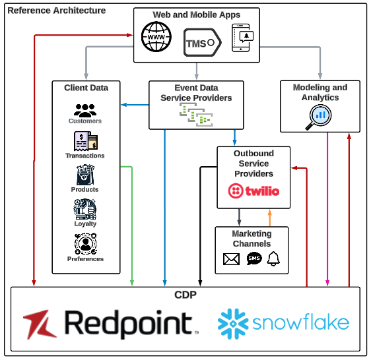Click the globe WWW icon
[x=157, y=38]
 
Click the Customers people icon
[x=85, y=110]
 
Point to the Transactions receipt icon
[x=85, y=142]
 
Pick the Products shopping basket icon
[x=85, y=175]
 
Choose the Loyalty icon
[x=85, y=209]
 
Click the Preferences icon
[x=85, y=245]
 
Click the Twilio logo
[x=253, y=191]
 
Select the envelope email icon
[x=231, y=259]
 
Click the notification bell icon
[x=273, y=259]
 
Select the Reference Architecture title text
[x=56, y=11]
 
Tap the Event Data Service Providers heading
[x=196, y=93]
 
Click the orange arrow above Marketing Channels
[x=269, y=218]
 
